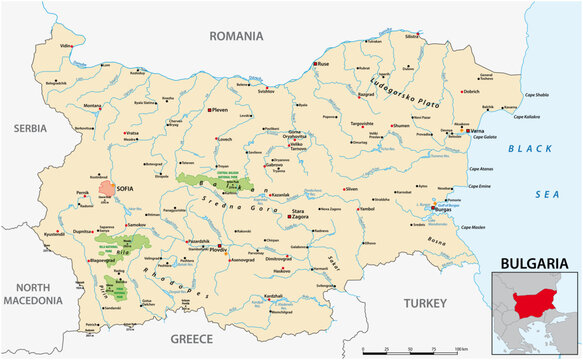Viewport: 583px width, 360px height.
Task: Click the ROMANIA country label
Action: point(235,36)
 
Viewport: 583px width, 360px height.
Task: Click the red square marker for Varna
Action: point(467,130)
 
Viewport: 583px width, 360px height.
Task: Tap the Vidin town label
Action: point(66,46)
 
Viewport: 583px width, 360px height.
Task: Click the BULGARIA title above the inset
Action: point(535,264)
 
